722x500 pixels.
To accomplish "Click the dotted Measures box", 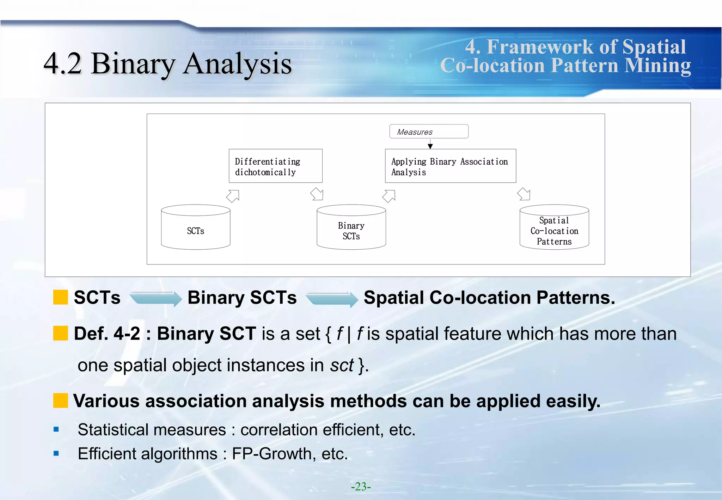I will click(429, 132).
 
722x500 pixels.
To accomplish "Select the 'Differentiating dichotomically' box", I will click(275, 166).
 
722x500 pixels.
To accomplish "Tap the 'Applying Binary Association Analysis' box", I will click(450, 166).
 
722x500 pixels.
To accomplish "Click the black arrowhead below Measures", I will click(430, 146).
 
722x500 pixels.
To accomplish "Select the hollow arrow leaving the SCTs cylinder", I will click(233, 196).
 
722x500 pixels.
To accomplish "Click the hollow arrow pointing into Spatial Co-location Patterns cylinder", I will click(524, 194).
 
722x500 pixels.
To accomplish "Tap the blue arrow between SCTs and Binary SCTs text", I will click(156, 299).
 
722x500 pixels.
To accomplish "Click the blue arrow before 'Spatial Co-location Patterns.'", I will click(332, 299).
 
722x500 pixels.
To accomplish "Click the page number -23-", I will click(361, 487).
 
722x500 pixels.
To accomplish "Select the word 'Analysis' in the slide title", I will click(237, 64).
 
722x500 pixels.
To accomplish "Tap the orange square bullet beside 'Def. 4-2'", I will click(60, 333).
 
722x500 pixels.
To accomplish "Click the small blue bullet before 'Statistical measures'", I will click(56, 429).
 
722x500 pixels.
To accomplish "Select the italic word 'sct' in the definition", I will click(341, 365).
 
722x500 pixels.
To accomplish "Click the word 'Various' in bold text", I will click(106, 401).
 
